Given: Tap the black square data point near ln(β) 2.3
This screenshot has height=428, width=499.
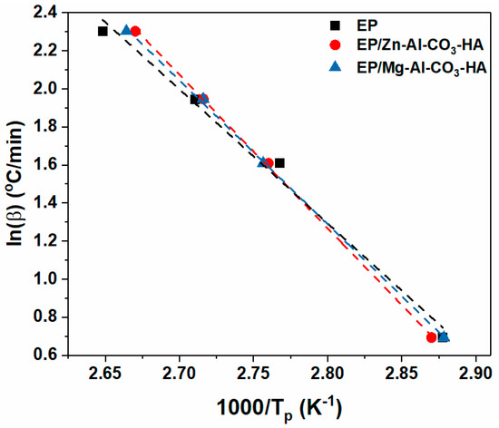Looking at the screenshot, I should pyautogui.click(x=103, y=32).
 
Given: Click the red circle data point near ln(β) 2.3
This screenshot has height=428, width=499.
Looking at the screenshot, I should pyautogui.click(x=136, y=31).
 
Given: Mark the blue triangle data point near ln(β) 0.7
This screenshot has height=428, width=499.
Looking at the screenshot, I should pyautogui.click(x=444, y=337).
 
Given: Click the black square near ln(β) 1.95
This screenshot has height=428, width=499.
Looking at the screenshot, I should pyautogui.click(x=194, y=100).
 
